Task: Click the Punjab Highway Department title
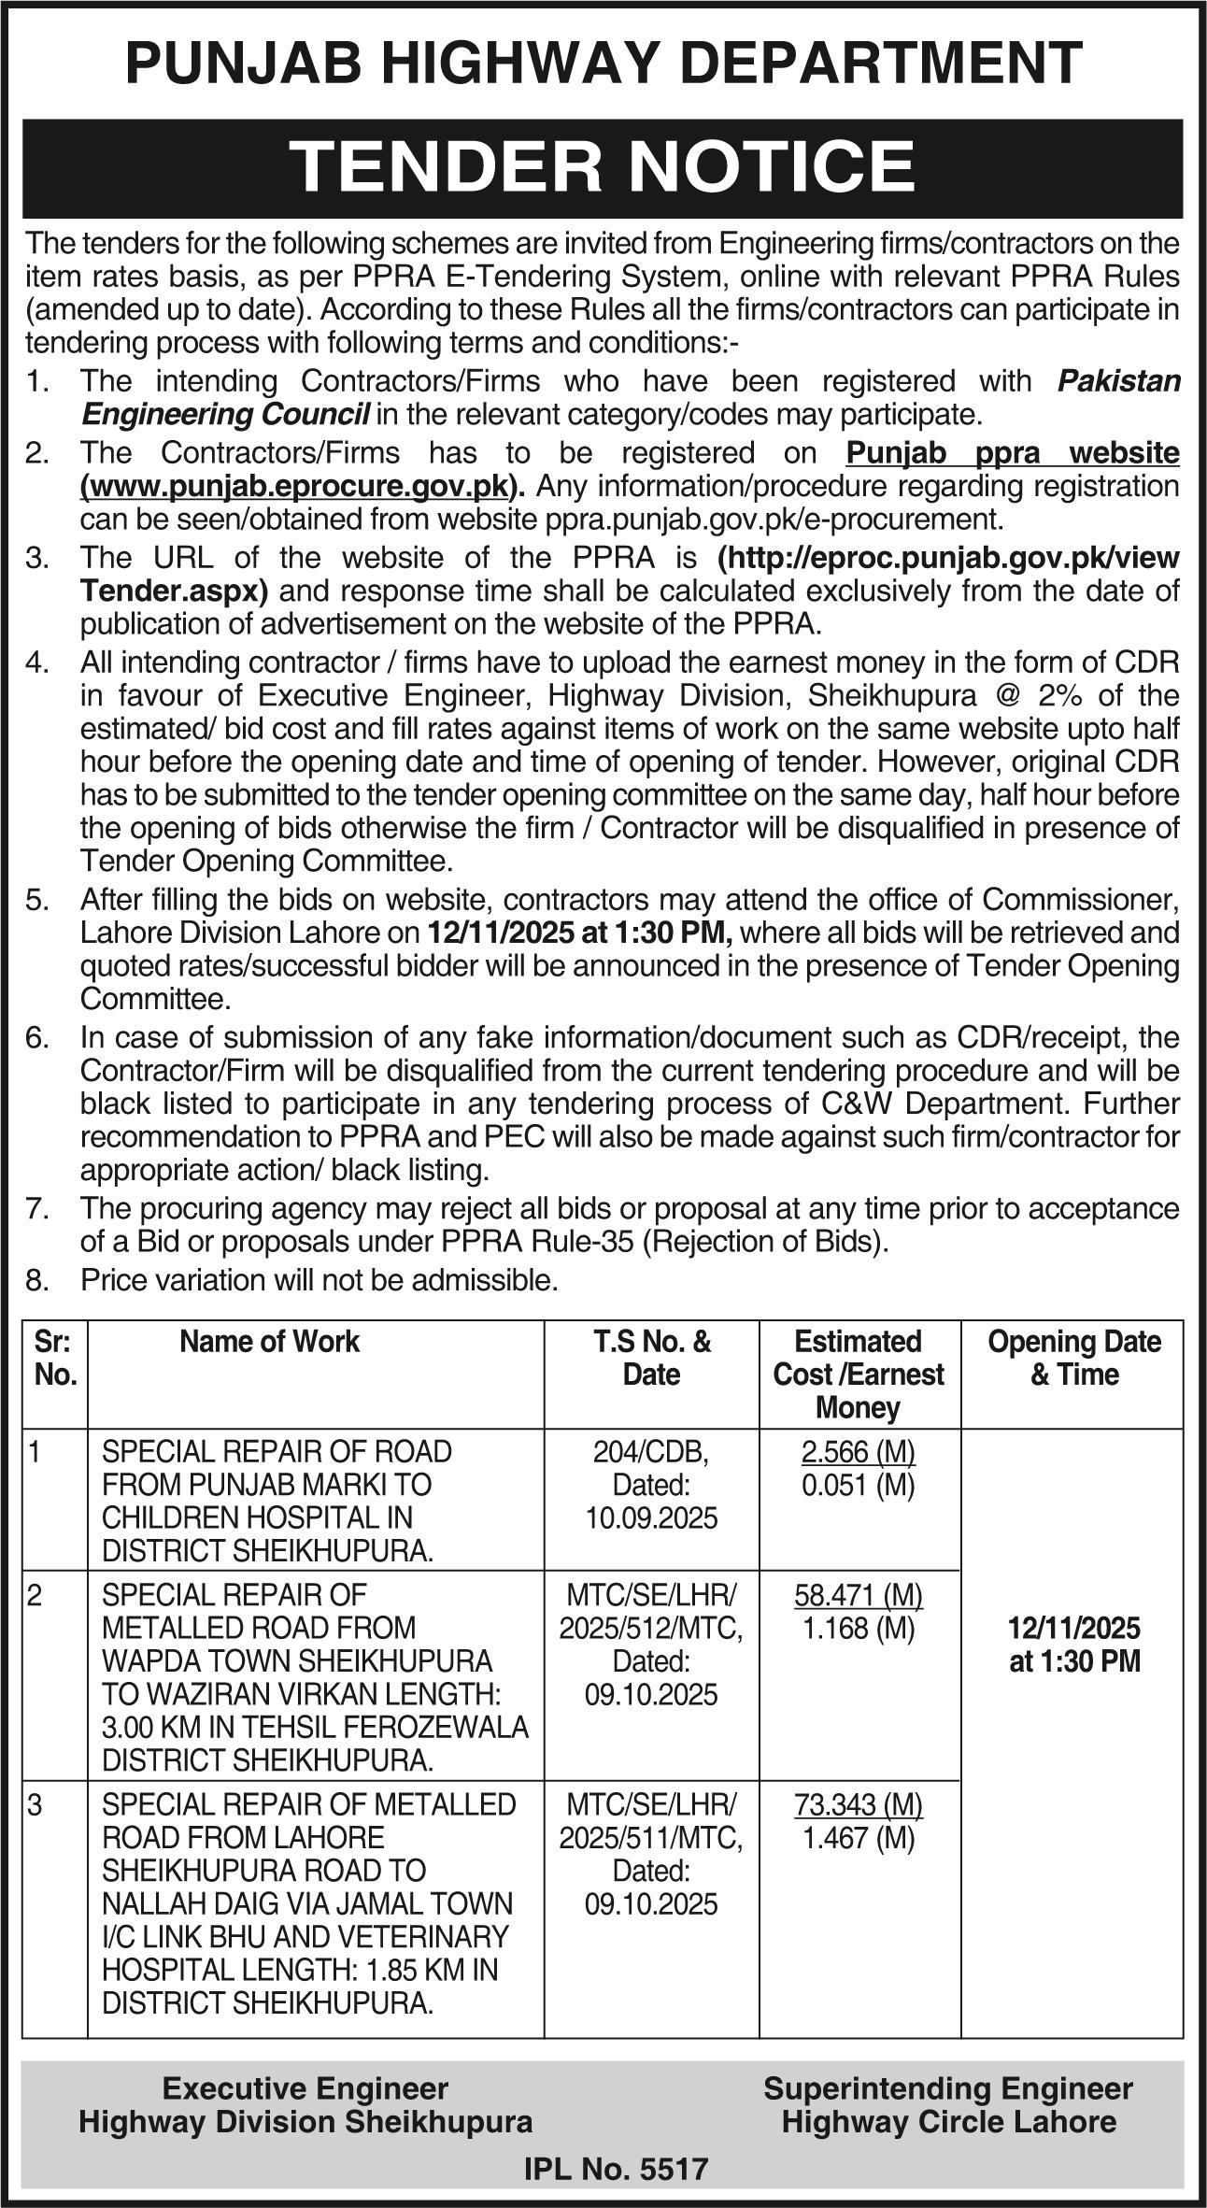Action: pyautogui.click(x=603, y=64)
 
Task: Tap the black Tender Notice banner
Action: pyautogui.click(x=603, y=167)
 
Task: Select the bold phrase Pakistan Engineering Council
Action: pyautogui.click(x=224, y=413)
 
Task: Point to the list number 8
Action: pyautogui.click(x=37, y=1279)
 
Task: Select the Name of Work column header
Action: pyautogui.click(x=269, y=1342)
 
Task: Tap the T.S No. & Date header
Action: pyautogui.click(x=651, y=1358)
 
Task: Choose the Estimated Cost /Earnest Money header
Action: pyautogui.click(x=859, y=1374)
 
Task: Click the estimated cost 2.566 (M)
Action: pyautogui.click(x=859, y=1451)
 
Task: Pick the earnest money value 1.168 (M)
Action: pyautogui.click(x=859, y=1628)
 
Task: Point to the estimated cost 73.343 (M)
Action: pyautogui.click(x=859, y=1803)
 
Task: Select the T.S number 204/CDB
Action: pyautogui.click(x=651, y=1451)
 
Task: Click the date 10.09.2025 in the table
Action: pyautogui.click(x=651, y=1517)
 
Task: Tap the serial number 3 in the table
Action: pyautogui.click(x=35, y=1804)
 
